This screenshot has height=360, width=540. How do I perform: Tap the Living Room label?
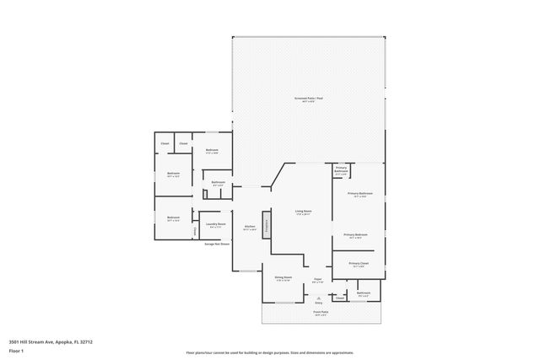click(303, 212)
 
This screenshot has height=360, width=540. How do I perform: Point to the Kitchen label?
click(250, 226)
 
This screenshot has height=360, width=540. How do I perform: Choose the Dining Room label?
click(283, 277)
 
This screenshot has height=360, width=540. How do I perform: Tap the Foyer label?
click(318, 280)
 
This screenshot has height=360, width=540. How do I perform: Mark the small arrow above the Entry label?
click(318, 296)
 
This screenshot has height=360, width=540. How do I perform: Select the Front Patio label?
click(321, 313)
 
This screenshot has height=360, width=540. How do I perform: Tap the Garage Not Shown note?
click(217, 244)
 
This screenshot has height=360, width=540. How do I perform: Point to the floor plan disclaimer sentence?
click(269, 352)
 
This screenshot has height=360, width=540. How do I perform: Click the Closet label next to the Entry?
click(339, 298)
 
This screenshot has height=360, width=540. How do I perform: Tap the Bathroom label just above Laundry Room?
click(219, 182)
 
